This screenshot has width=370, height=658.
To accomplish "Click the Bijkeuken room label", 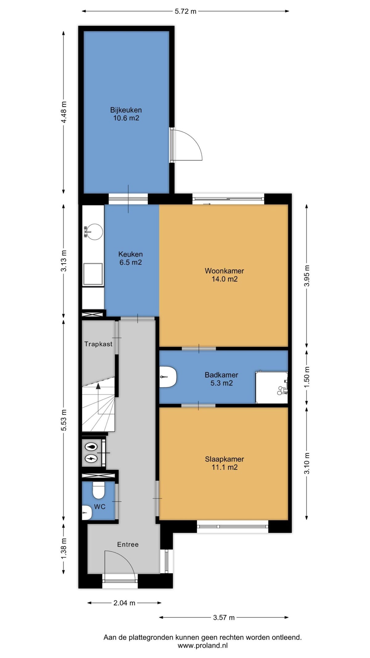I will pyautogui.click(x=126, y=114).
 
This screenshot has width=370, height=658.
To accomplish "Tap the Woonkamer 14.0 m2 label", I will pyautogui.click(x=224, y=275).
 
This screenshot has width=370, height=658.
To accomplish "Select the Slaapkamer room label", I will pyautogui.click(x=224, y=463).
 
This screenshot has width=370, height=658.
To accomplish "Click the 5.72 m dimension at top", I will pyautogui.click(x=185, y=11).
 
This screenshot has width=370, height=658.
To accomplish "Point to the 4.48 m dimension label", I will pyautogui.click(x=64, y=112).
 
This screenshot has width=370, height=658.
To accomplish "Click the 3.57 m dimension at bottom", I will pyautogui.click(x=224, y=617).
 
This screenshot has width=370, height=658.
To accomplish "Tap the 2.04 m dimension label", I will pyautogui.click(x=124, y=602).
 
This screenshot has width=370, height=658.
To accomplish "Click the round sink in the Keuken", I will pyautogui.click(x=94, y=232).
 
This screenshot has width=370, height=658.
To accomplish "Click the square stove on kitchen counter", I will pyautogui.click(x=93, y=274).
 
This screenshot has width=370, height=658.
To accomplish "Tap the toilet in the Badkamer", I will pyautogui.click(x=168, y=376).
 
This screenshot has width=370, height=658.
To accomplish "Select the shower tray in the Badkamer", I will pyautogui.click(x=271, y=387).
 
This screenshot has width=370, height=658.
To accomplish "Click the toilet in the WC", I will pyautogui.click(x=99, y=490).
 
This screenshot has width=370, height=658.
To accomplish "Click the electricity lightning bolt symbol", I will pyautogui.click(x=91, y=459).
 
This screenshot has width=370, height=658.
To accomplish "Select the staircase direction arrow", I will pyautogui.click(x=98, y=386).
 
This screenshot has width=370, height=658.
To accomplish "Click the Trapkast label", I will pyautogui.click(x=98, y=344).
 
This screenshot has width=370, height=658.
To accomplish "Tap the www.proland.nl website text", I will pyautogui.click(x=203, y=645).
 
